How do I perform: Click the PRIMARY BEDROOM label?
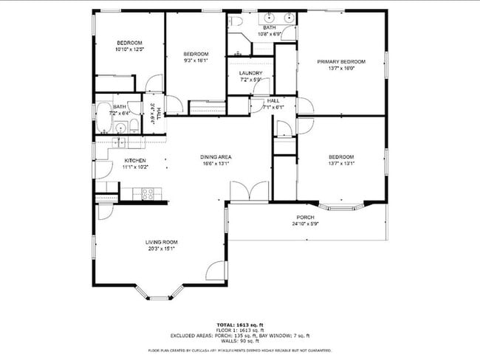pyautogui.click(x=340, y=62)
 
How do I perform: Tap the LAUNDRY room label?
pyautogui.click(x=251, y=73)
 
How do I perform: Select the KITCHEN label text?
pyautogui.click(x=134, y=161)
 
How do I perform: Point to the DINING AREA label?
pyautogui.click(x=216, y=156)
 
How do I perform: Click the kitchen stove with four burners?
pyautogui.click(x=148, y=194)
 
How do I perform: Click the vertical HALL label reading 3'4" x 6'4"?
pyautogui.click(x=154, y=115)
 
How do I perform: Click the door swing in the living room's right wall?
pyautogui.click(x=216, y=271)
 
